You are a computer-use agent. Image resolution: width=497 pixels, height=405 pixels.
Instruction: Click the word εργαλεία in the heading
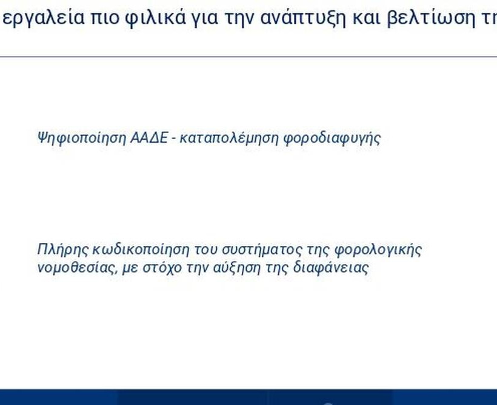(x=44, y=18)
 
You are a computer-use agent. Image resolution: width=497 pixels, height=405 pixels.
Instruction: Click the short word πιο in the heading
(x=105, y=18)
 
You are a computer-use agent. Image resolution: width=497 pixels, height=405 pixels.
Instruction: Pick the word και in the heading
(x=366, y=18)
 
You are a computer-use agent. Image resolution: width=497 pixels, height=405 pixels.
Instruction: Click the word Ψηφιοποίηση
(x=82, y=138)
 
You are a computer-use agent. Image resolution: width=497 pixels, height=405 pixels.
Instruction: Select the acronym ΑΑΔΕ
(x=149, y=138)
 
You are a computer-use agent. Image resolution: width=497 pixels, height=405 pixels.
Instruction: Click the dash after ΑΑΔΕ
(x=173, y=140)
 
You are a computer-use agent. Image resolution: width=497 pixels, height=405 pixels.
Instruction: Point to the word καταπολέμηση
(x=229, y=138)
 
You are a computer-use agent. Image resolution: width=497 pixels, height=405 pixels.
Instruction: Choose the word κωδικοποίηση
(x=141, y=250)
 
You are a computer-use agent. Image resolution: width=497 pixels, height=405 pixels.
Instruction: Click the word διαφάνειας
(x=331, y=268)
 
